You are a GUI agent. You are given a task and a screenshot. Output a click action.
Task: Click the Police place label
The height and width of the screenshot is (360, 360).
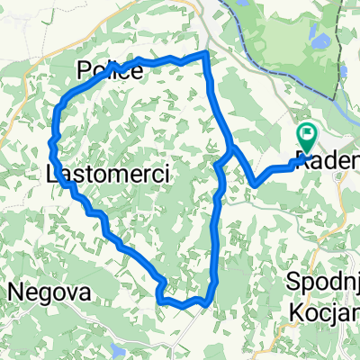click(110, 70)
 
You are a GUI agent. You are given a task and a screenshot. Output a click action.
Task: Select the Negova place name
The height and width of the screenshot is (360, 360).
click(49, 292)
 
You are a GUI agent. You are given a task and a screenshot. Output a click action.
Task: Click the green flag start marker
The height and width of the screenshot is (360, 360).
click(307, 138)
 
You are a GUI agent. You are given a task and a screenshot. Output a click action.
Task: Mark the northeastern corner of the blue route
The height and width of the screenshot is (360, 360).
click(207, 55)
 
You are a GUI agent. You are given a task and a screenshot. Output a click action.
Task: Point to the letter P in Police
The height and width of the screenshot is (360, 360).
click(84, 70)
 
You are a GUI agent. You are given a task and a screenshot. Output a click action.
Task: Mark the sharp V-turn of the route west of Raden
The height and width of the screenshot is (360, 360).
click(256, 184)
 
